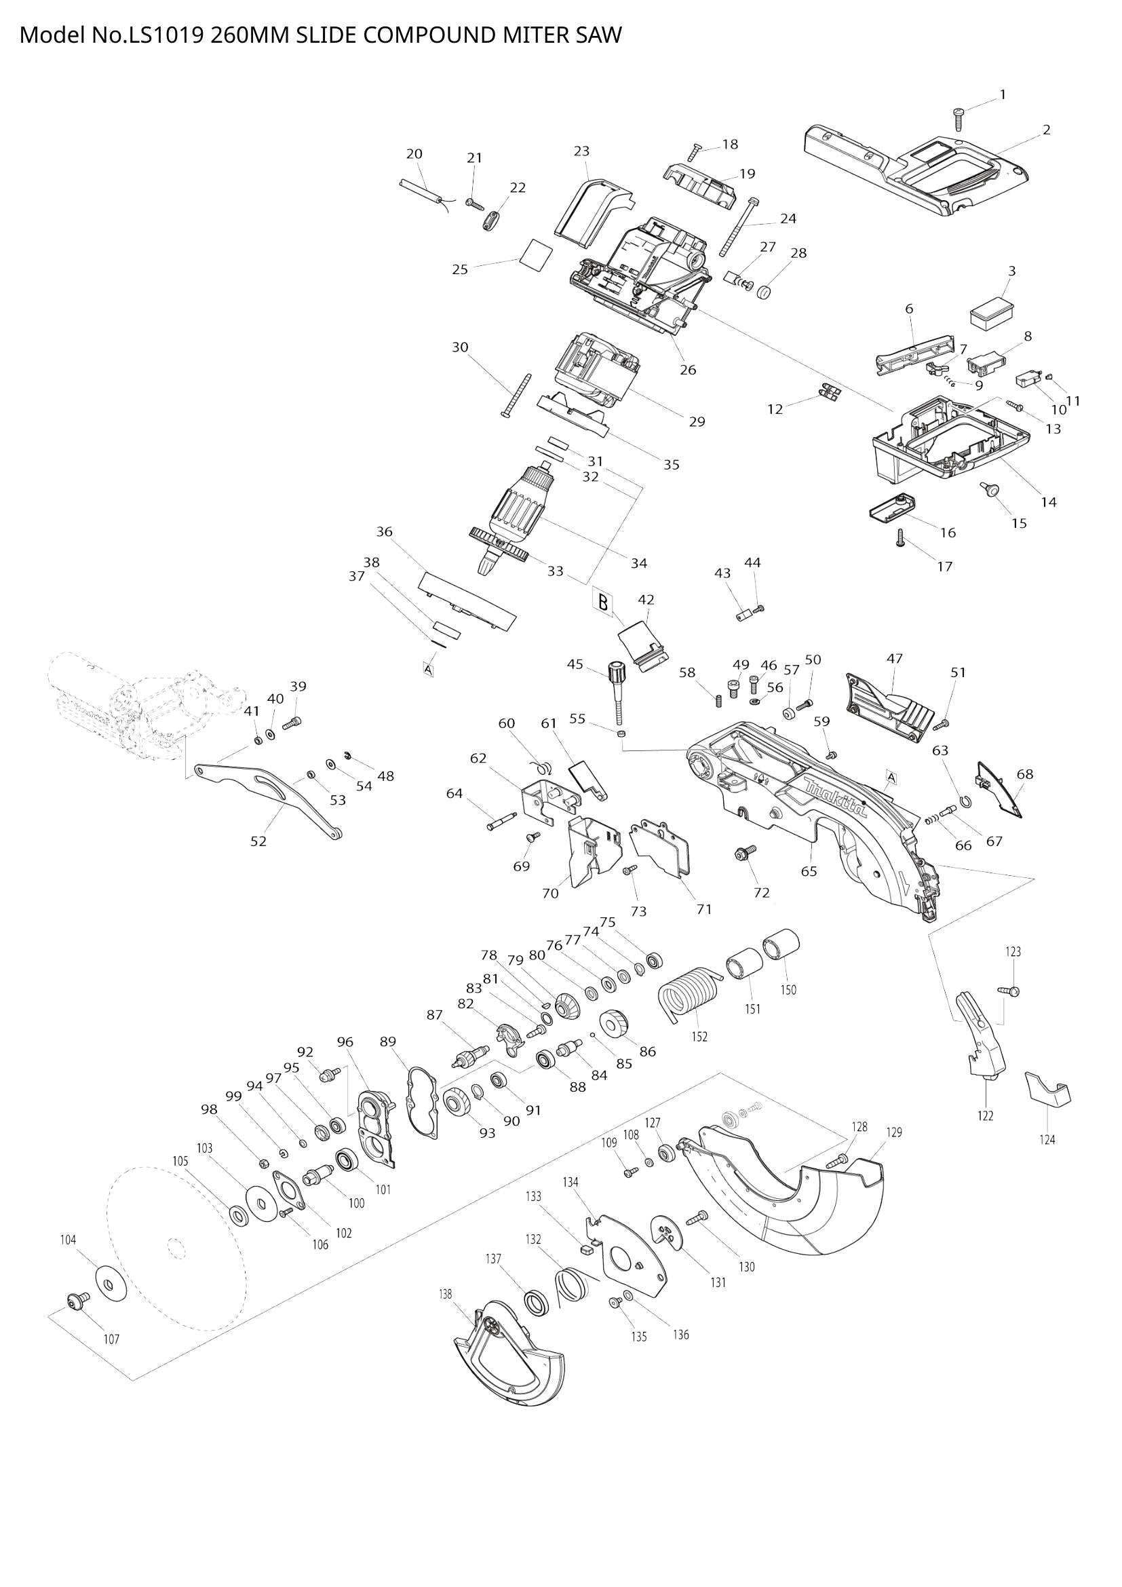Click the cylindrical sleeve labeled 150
(781, 945)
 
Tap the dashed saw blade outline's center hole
(176, 1248)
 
